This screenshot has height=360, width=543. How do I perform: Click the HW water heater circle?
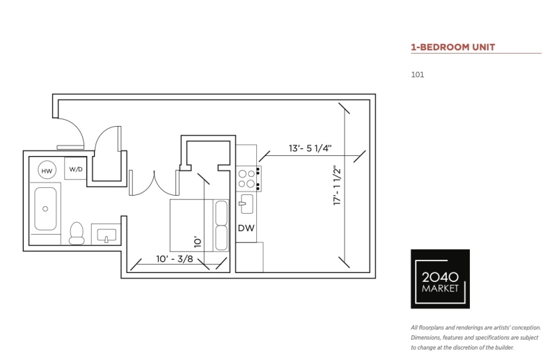click(47, 171)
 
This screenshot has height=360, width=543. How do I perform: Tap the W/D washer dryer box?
click(75, 169)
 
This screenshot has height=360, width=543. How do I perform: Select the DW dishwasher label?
click(246, 228)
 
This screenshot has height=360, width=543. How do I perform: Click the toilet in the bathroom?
click(77, 233)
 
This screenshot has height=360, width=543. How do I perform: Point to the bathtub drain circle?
click(45, 209)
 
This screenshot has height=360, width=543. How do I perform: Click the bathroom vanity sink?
click(107, 235)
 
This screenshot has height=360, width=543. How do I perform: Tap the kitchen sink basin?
click(246, 204)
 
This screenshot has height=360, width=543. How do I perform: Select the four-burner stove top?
click(249, 178)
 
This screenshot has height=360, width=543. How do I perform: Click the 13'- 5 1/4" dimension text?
click(310, 148)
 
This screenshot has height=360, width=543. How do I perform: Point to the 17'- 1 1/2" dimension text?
click(338, 185)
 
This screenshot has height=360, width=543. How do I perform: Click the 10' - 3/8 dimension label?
click(175, 259)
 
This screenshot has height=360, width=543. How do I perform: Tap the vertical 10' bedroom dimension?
click(198, 242)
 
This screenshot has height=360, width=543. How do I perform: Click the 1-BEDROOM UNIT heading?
click(453, 47)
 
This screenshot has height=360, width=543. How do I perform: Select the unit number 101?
click(417, 75)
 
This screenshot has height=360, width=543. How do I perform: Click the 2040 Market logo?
click(440, 279)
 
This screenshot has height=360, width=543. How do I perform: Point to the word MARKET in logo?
click(440, 288)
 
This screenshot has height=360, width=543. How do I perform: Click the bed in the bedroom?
click(199, 225)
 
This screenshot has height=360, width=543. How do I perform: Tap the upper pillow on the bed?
click(221, 212)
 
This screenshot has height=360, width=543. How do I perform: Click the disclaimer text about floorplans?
click(475, 338)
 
